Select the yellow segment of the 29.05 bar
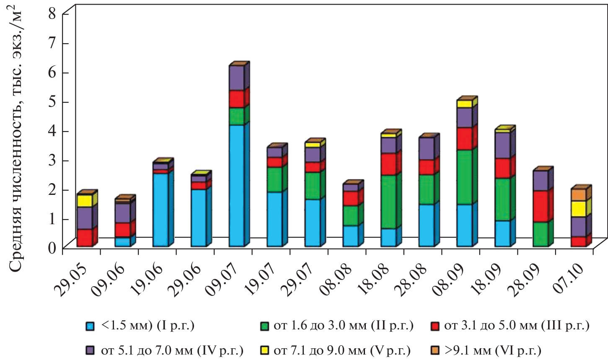(x=85, y=201)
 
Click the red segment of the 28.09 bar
(x=541, y=206)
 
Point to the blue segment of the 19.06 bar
(x=160, y=210)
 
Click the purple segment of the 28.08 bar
(x=427, y=148)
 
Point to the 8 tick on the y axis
(x=52, y=14)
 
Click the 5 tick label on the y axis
(x=52, y=102)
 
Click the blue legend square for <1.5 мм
(x=89, y=326)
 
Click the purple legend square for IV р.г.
(x=89, y=349)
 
